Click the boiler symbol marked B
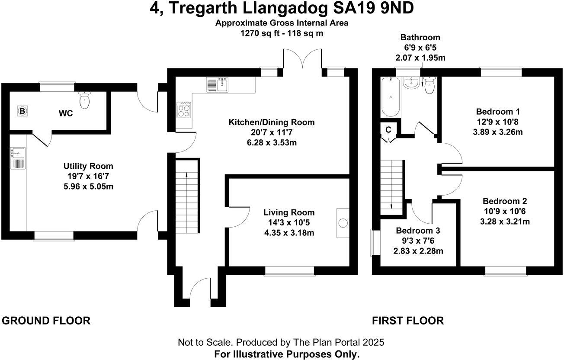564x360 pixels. [22, 111]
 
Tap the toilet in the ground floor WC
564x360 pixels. [85, 101]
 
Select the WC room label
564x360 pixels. [65, 114]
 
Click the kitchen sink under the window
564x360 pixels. [217, 84]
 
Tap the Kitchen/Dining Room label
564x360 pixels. [271, 122]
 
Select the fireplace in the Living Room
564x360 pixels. [343, 223]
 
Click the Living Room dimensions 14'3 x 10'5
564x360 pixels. [289, 223]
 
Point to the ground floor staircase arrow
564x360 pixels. [186, 175]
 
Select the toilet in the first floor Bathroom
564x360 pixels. [429, 86]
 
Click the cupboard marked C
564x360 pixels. [388, 130]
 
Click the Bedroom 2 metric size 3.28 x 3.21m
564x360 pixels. [505, 222]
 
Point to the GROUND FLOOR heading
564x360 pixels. [46, 321]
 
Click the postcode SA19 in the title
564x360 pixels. [349, 8]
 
